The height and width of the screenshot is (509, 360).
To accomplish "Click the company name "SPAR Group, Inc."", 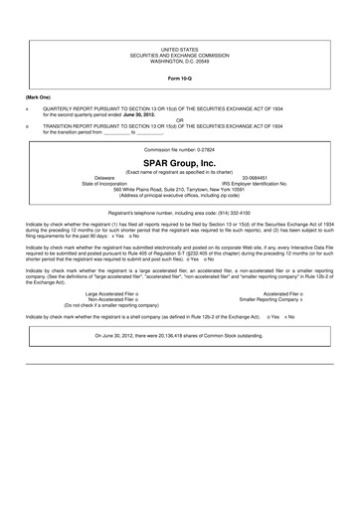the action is (179, 161).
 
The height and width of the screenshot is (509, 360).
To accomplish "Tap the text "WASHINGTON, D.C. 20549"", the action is (180, 62).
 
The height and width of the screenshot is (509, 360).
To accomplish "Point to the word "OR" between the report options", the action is (180, 121).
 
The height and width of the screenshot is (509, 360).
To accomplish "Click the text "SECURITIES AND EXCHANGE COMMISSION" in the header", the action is (180, 55).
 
